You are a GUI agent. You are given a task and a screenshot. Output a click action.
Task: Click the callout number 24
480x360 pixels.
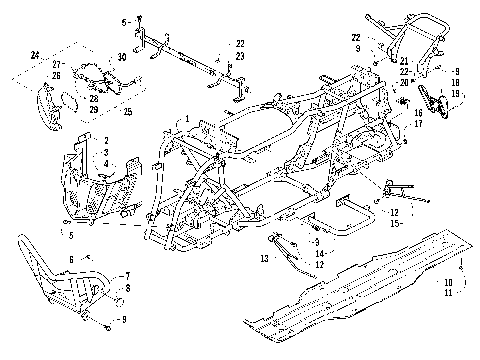point(34,53)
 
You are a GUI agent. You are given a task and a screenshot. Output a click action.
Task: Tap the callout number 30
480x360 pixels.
point(122,57)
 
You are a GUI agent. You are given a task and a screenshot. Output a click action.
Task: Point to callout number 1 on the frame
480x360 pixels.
point(185,119)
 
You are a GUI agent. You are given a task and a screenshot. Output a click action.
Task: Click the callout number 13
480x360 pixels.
point(263,258)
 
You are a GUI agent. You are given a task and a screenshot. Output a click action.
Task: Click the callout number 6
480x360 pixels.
point(71,259)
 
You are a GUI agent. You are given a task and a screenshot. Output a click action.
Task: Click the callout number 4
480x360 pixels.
point(107,163)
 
